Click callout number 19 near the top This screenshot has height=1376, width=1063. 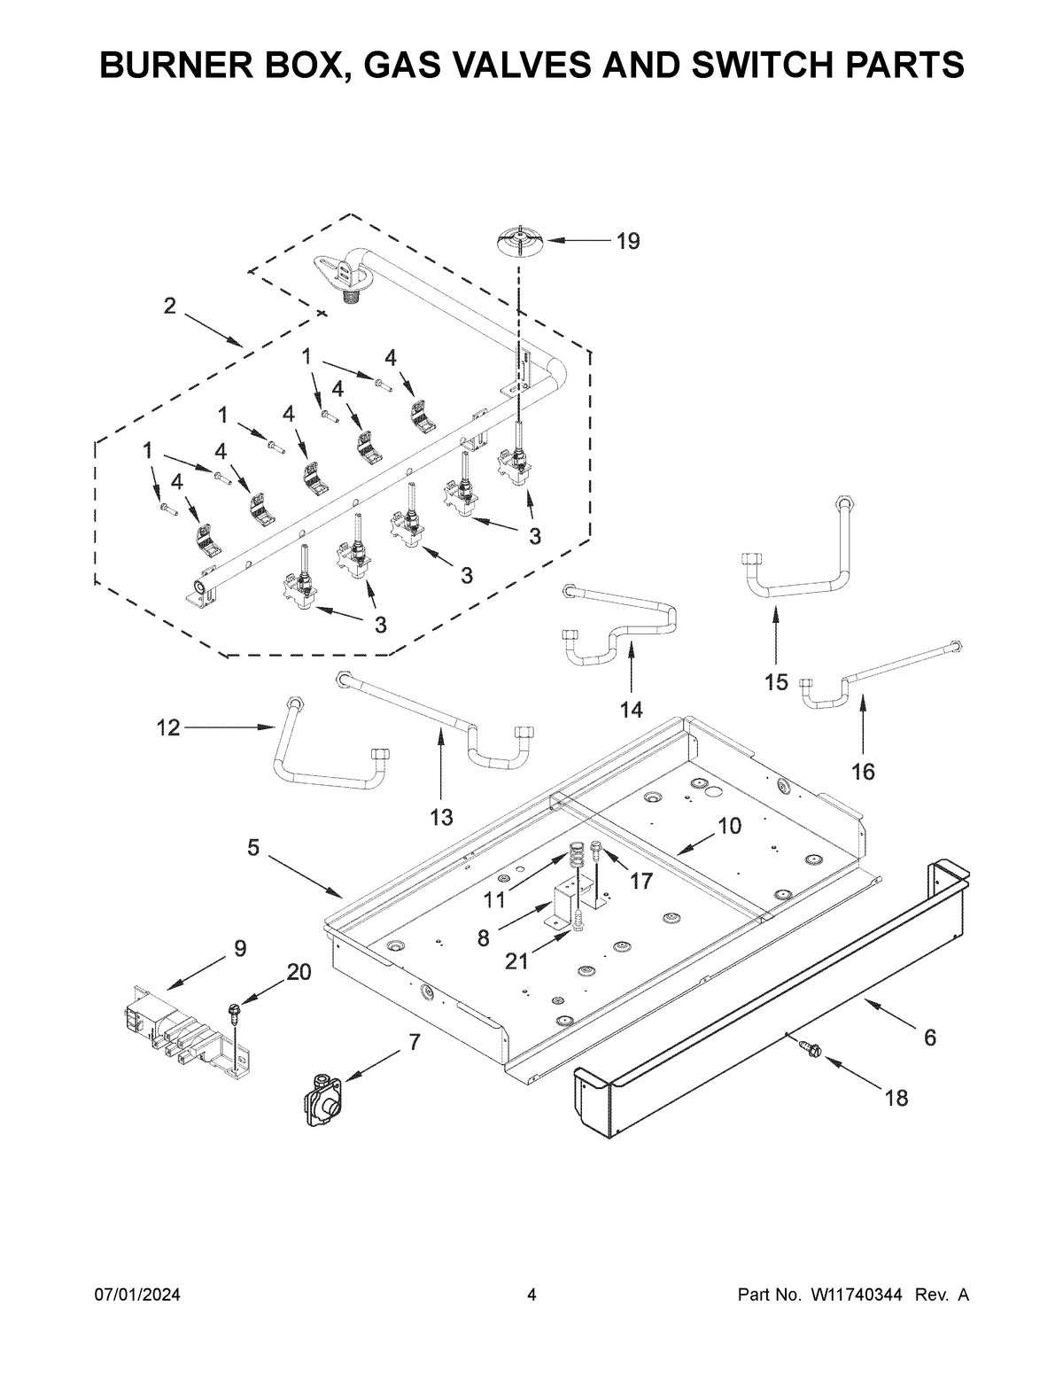[x=627, y=241]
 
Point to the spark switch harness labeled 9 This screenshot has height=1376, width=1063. [x=182, y=1033]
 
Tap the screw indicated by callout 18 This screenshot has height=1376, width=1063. [x=811, y=1050]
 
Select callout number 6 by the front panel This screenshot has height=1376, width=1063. [x=930, y=1037]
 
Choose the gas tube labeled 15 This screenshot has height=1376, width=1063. [x=797, y=576]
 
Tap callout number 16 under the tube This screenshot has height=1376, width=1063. [x=863, y=772]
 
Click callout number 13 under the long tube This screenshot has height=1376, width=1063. [x=441, y=817]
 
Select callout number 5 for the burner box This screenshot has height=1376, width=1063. [x=253, y=848]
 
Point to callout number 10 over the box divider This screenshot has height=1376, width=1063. [x=728, y=826]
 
